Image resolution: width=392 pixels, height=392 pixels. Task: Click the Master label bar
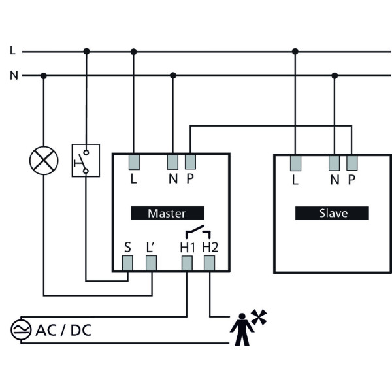click(167, 213)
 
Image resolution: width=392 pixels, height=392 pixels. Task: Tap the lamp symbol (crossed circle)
click(44, 160)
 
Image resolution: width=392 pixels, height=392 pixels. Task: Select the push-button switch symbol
click(86, 160)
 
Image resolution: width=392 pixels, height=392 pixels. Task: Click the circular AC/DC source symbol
click(19, 331)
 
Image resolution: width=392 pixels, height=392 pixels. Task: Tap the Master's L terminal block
click(134, 161)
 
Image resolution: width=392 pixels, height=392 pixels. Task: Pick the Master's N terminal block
click(173, 161)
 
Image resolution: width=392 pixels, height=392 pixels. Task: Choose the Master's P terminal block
click(190, 161)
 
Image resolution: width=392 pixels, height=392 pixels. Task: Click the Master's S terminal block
click(128, 263)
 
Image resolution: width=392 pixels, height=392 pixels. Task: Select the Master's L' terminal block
click(152, 263)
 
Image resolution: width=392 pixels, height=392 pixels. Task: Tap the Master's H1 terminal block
click(187, 263)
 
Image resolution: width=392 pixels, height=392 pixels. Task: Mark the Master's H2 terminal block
click(210, 263)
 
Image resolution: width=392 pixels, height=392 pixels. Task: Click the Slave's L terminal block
click(295, 161)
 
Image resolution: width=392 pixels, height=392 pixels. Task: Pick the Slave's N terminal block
click(335, 161)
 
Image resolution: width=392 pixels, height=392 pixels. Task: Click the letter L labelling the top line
click(13, 50)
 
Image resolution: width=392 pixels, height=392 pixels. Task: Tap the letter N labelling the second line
click(13, 76)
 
